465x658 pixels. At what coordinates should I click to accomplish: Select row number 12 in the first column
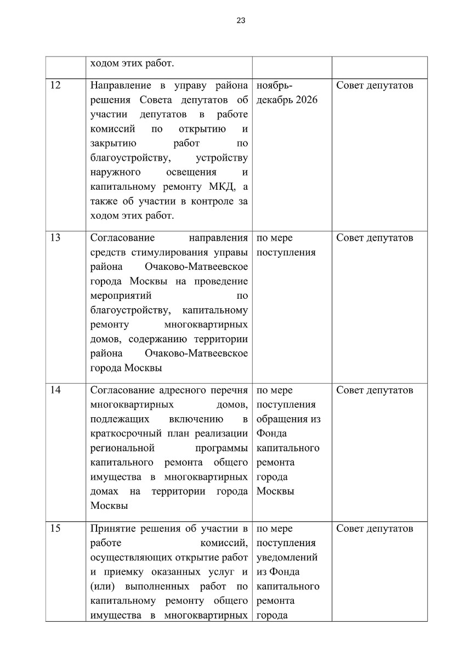click(55, 86)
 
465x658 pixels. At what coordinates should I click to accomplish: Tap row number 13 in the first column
click(55, 238)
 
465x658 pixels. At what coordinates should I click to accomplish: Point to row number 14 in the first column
click(55, 390)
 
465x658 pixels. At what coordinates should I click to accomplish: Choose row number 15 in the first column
click(55, 529)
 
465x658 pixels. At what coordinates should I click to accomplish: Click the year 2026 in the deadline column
click(306, 100)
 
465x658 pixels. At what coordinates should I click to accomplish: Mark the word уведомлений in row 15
click(287, 558)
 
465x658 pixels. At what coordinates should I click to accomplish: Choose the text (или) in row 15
click(103, 586)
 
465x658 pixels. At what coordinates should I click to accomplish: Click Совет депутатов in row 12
click(375, 86)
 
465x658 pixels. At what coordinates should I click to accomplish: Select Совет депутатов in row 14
click(375, 390)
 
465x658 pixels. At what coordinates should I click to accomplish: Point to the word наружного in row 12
click(114, 172)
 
